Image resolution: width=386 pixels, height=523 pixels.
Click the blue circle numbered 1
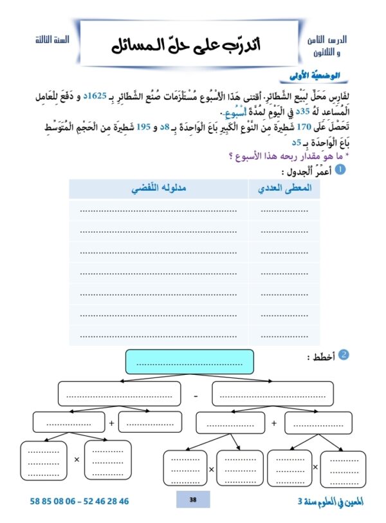[341, 169]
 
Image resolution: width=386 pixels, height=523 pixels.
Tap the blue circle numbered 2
[344, 355]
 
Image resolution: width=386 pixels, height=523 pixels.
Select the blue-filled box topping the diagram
[190, 361]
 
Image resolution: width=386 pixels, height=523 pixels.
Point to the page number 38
[193, 500]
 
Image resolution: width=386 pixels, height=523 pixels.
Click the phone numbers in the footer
[79, 500]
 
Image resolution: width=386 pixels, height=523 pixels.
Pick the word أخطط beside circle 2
[320, 356]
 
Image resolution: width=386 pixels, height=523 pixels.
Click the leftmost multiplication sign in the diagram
[77, 460]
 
